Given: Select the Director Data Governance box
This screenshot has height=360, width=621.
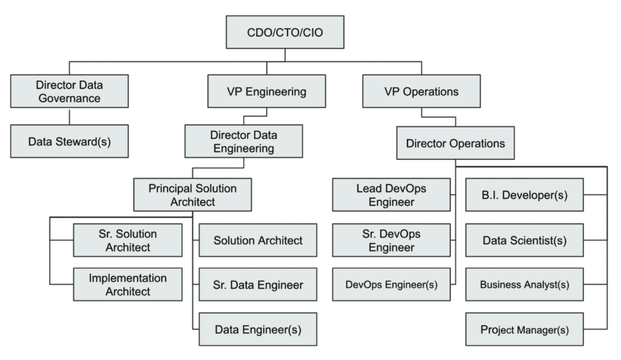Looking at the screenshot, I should (x=69, y=92).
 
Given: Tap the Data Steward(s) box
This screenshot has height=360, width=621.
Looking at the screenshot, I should (x=69, y=141).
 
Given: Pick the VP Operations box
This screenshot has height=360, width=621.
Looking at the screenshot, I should (x=421, y=92).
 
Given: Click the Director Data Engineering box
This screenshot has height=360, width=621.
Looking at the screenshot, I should (x=243, y=141).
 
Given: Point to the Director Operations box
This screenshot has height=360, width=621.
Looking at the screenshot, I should (x=455, y=144).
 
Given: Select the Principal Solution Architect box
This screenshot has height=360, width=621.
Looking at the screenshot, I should (x=193, y=195).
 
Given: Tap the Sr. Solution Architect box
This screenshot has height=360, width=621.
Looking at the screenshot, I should (x=127, y=240).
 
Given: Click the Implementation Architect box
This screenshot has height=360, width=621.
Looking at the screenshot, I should (x=127, y=284).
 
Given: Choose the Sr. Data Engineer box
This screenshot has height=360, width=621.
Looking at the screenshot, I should (x=258, y=284).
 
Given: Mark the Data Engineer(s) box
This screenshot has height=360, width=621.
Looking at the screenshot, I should (x=258, y=330).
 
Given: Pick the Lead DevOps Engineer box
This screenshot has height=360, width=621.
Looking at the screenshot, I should (x=391, y=195).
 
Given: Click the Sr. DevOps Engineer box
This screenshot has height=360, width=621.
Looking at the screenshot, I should (x=391, y=240).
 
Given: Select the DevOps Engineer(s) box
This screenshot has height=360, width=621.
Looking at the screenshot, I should (x=391, y=284).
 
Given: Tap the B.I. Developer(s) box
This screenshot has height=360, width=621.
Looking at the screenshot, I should (x=525, y=195).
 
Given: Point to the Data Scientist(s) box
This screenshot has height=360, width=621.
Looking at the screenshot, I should (x=525, y=240).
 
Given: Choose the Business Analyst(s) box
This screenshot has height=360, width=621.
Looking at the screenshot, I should (x=525, y=284).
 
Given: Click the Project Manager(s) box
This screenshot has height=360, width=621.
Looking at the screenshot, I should (x=525, y=330).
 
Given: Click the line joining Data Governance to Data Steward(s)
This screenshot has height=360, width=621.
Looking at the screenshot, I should (x=69, y=117).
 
